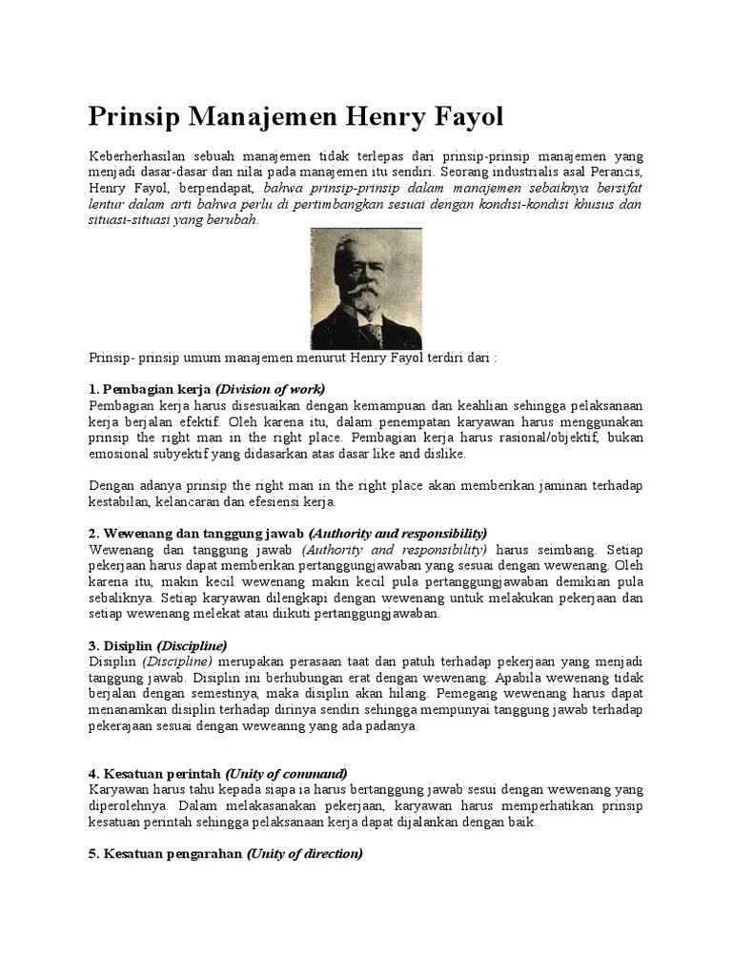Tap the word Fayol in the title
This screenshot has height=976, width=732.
(461, 117)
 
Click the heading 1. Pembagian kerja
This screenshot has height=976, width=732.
(151, 389)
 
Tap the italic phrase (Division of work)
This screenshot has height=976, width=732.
(271, 389)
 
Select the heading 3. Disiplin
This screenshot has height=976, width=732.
(120, 646)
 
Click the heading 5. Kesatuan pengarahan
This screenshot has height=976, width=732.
(166, 855)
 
